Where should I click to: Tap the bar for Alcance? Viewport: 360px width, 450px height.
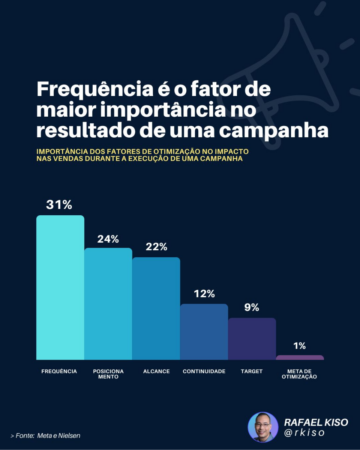(156, 308)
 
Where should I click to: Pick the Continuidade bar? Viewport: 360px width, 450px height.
(204, 331)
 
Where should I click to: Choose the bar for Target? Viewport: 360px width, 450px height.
(252, 338)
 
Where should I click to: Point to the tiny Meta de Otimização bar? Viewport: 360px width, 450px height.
(300, 357)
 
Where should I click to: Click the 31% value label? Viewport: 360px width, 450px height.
(59, 205)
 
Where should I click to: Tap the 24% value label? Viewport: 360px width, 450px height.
(108, 239)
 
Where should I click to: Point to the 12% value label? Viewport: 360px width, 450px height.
(204, 294)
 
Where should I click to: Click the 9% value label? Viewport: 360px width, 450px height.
(252, 307)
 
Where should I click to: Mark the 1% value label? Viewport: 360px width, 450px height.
(300, 345)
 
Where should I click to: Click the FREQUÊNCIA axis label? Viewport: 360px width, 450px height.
(60, 371)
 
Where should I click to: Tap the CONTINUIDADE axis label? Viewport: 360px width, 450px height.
(204, 371)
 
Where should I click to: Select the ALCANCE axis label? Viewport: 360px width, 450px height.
(156, 371)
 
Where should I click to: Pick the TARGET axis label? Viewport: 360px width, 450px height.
(252, 371)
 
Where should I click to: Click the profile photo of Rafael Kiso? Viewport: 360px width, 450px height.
(262, 427)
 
